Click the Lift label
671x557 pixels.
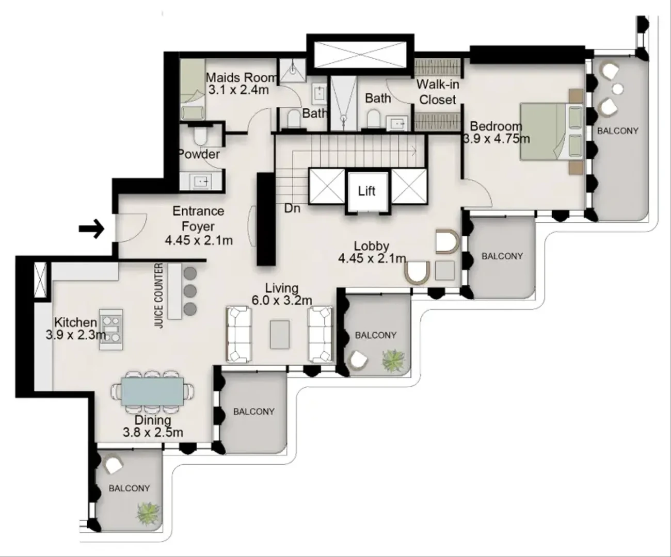click(x=366, y=191)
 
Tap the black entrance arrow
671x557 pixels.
click(x=92, y=229)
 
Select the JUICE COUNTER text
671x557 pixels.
click(x=159, y=296)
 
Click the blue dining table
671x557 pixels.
click(x=152, y=391)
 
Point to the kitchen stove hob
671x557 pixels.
click(x=111, y=329)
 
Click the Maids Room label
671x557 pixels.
click(x=241, y=78)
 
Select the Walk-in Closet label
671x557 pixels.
click(x=438, y=92)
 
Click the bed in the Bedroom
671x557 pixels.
click(x=552, y=132)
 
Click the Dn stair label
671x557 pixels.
click(x=292, y=209)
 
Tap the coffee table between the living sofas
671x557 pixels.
click(x=280, y=334)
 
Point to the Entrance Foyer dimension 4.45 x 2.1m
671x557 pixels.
click(x=199, y=240)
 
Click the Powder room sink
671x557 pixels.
click(x=201, y=182)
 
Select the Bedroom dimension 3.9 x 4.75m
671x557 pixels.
click(x=497, y=139)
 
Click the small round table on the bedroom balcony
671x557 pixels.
click(x=617, y=88)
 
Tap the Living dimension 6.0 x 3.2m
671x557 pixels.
click(x=282, y=301)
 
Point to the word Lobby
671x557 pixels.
click(x=372, y=246)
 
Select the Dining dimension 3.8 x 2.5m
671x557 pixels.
click(x=153, y=432)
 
